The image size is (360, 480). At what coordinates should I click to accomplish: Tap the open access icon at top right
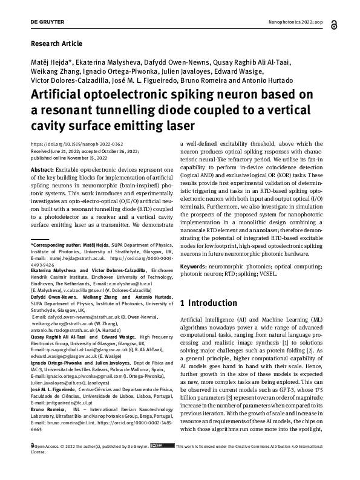(324, 22)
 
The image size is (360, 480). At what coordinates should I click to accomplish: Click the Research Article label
(56, 44)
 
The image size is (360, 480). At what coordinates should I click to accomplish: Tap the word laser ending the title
(178, 126)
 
